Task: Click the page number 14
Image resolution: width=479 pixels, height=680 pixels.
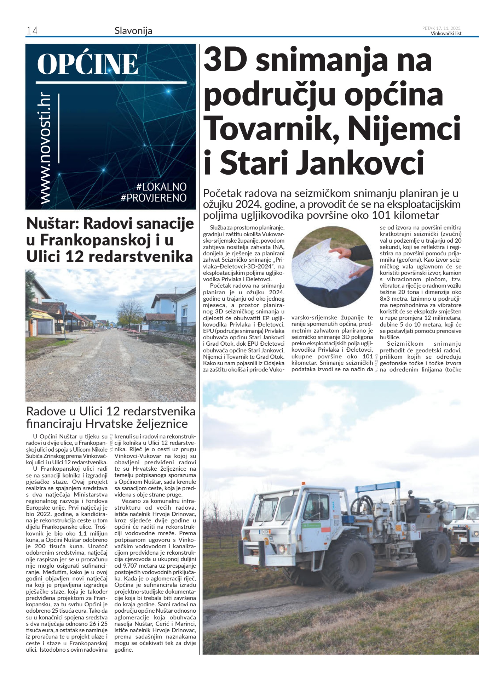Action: pyautogui.click(x=32, y=31)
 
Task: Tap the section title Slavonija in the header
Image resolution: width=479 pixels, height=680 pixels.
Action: pyautogui.click(x=133, y=31)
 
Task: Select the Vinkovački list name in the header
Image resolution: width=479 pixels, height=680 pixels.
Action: pyautogui.click(x=446, y=34)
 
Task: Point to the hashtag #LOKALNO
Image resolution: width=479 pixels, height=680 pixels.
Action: pyautogui.click(x=161, y=187)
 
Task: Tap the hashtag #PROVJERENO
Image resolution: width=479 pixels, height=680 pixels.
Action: pyautogui.click(x=154, y=198)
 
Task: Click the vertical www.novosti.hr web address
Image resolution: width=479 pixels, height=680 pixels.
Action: pyautogui.click(x=45, y=149)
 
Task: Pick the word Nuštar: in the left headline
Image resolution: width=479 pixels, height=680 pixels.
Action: pyautogui.click(x=54, y=223)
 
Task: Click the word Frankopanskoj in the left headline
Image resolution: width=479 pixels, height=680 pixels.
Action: pyautogui.click(x=96, y=240)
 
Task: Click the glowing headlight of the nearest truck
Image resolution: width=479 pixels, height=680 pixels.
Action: pyautogui.click(x=282, y=549)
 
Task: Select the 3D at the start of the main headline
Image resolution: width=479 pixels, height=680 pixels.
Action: pyautogui.click(x=225, y=60)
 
